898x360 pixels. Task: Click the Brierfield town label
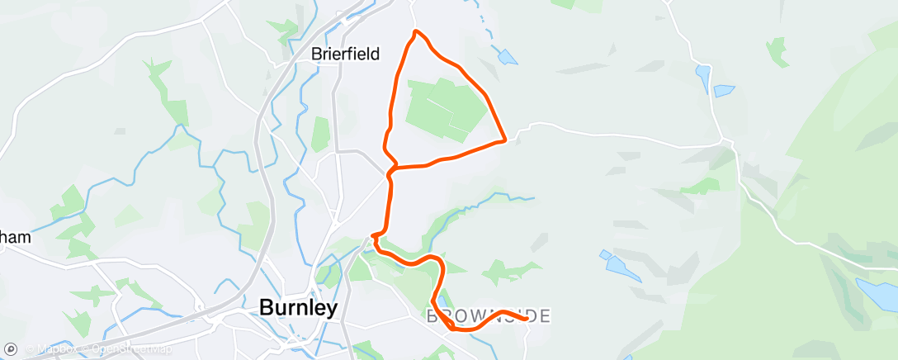(x=345, y=54)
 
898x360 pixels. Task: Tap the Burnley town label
(x=299, y=308)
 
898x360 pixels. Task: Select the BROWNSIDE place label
(x=489, y=316)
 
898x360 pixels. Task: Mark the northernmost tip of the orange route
(x=416, y=31)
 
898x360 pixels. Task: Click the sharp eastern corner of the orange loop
(x=503, y=140)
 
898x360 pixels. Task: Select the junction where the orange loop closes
(x=395, y=168)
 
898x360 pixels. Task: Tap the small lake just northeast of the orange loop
(x=507, y=57)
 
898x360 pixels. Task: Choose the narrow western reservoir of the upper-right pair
(x=702, y=78)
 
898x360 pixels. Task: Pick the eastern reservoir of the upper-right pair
(x=724, y=90)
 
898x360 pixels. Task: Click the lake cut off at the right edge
(x=878, y=293)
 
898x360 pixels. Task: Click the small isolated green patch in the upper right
(x=777, y=51)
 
